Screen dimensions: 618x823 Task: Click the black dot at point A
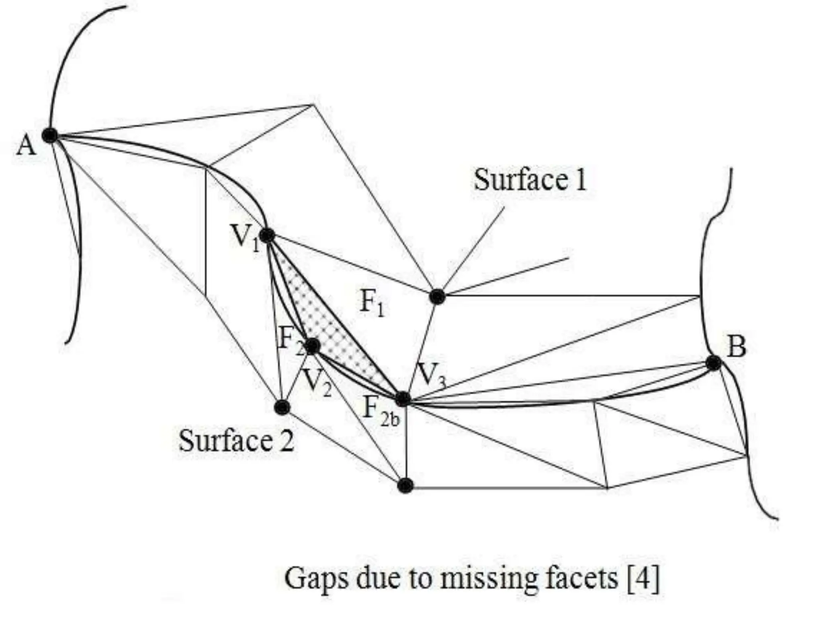click(x=50, y=135)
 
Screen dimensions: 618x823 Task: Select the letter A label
click(x=26, y=145)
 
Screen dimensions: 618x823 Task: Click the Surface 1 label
click(x=530, y=180)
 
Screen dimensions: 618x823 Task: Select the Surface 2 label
click(x=236, y=441)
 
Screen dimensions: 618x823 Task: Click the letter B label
click(x=737, y=347)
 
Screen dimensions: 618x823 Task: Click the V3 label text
click(x=431, y=375)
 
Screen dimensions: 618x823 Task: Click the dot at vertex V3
click(x=403, y=399)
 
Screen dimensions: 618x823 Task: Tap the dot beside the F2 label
click(x=313, y=345)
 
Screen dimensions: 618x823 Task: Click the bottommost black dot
click(x=405, y=486)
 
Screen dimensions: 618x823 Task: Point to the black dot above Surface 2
click(x=282, y=407)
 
